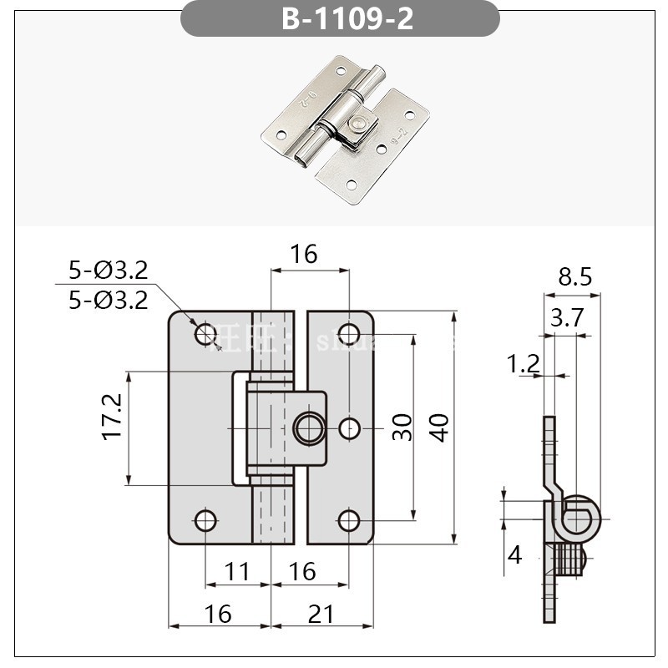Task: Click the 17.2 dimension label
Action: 113,418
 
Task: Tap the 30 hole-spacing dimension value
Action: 402,428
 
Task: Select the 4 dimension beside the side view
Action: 514,554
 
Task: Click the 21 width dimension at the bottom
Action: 321,614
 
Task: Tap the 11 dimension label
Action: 238,572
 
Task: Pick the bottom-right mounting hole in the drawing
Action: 349,521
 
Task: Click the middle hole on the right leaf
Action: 350,428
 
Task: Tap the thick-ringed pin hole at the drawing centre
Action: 308,428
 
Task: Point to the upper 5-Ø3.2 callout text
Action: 109,270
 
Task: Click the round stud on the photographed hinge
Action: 357,123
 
